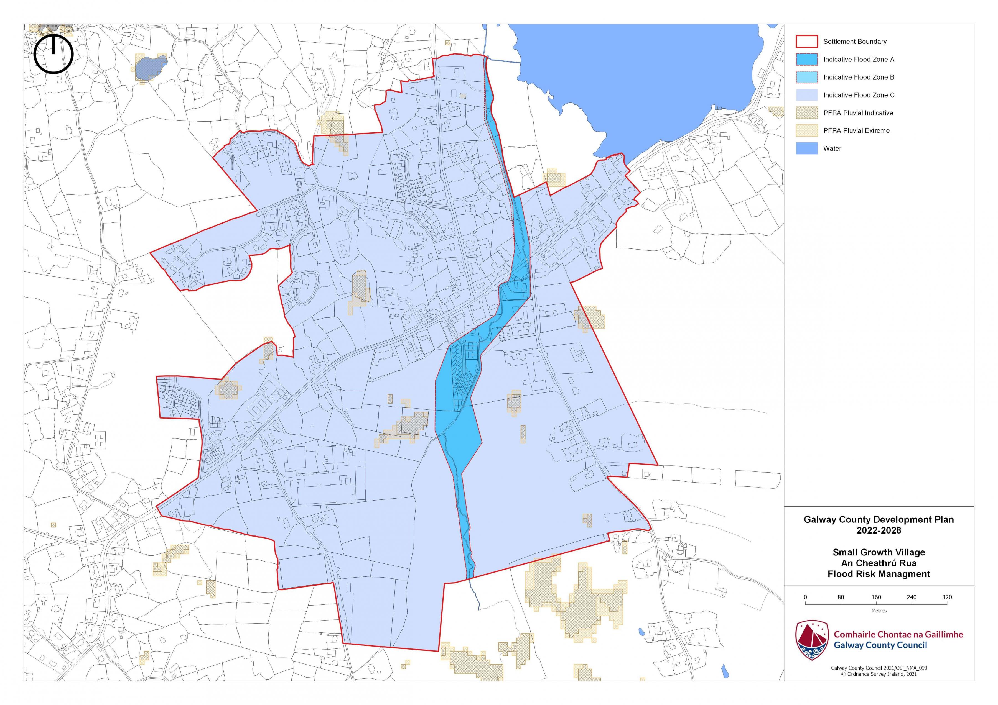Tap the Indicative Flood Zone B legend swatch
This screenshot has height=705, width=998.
807,77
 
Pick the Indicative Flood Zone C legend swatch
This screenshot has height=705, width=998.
807,95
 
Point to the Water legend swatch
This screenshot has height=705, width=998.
807,148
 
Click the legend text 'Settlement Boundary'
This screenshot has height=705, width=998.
855,42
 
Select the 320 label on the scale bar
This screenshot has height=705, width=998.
947,597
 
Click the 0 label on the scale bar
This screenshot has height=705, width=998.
805,597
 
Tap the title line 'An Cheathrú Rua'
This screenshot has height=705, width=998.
879,563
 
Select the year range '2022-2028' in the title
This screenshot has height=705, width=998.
879,530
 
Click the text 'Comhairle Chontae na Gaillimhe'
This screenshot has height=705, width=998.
898,635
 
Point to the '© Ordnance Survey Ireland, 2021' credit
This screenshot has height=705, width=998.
879,674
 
